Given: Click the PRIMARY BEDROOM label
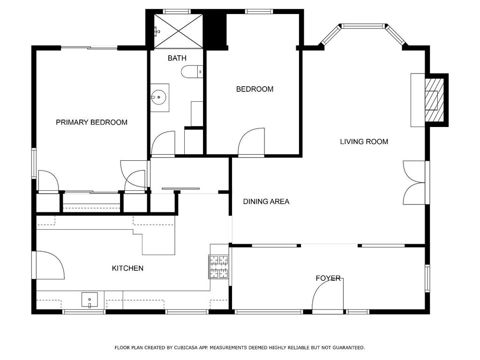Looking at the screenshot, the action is (x=91, y=122).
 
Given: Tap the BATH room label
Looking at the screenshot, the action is (x=177, y=58).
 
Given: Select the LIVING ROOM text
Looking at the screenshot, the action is (x=364, y=142).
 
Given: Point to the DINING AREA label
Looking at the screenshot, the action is (x=266, y=202).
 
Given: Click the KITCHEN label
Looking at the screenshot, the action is (x=127, y=269).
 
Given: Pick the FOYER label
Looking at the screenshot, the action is (x=328, y=278).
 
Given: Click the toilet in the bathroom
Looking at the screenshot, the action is (x=192, y=72).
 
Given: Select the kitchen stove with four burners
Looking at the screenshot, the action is (x=219, y=267).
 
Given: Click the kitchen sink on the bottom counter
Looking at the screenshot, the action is (x=90, y=300).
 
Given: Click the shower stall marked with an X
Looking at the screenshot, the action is (x=178, y=31).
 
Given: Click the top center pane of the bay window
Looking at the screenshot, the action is (x=363, y=26).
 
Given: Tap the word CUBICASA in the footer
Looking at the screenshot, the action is (x=186, y=348).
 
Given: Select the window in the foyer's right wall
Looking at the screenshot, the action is (x=427, y=278).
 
